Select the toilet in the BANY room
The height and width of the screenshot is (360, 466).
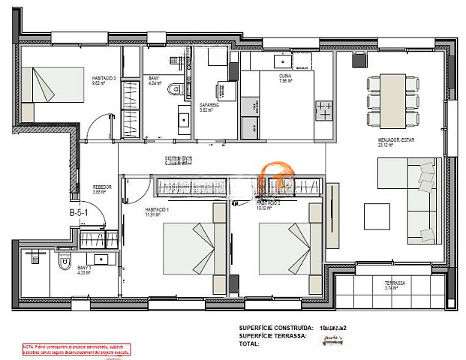(x=176, y=89)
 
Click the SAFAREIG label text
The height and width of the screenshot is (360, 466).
(x=209, y=107)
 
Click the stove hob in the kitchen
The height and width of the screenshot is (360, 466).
(x=323, y=109)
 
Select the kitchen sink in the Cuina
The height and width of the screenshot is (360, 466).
(x=284, y=59)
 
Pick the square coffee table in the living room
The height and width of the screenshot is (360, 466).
(x=377, y=217)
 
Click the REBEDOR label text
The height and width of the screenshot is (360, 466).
(x=102, y=189)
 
